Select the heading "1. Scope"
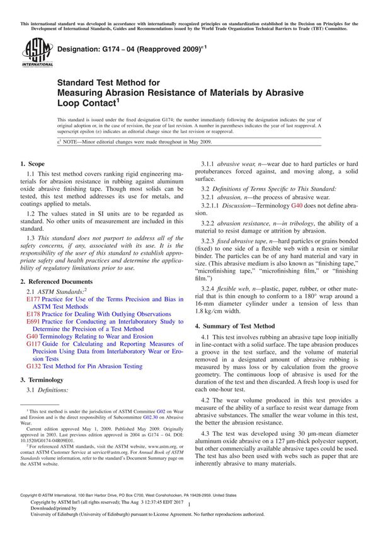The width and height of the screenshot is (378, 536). (x=35, y=164)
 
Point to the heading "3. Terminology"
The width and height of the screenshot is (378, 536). (x=42, y=380)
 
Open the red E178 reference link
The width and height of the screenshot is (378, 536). (x=33, y=313)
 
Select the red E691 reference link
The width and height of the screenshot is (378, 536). (x=33, y=321)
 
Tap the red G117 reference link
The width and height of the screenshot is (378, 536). (x=34, y=344)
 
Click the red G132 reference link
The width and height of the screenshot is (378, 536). (x=34, y=366)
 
